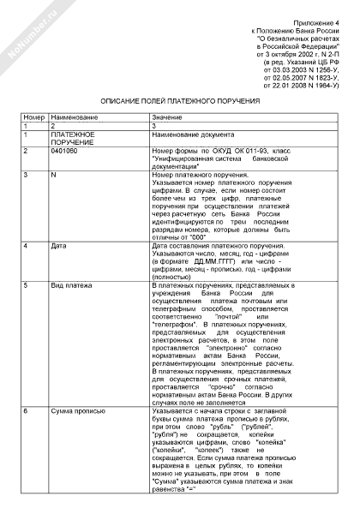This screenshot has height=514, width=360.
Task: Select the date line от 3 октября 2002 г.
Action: (300, 54)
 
